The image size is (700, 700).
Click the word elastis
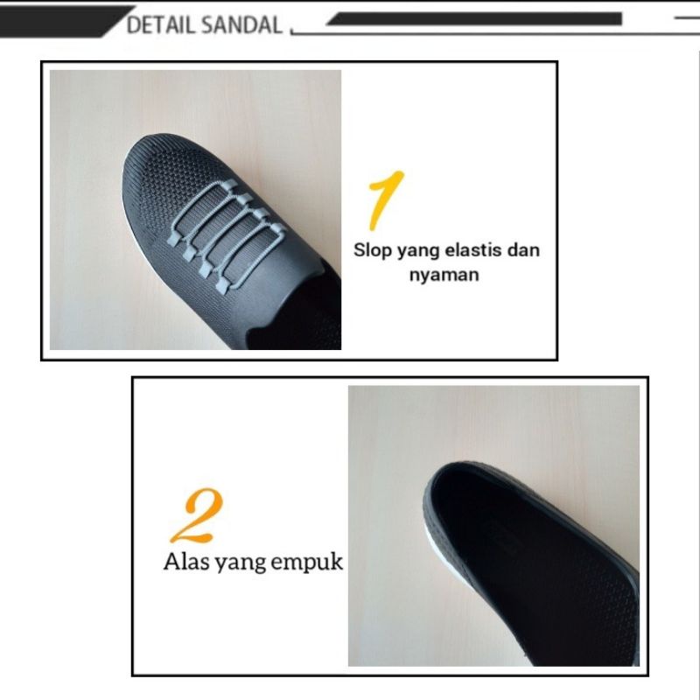click(x=475, y=250)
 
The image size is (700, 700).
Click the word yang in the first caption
click(x=417, y=252)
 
